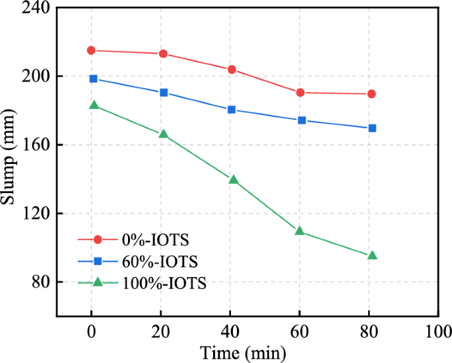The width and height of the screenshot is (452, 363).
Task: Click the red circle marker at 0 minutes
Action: (x=91, y=50)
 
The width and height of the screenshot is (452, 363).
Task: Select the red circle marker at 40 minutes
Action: (x=232, y=69)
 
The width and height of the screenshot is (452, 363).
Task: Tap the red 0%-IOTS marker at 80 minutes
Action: (x=371, y=94)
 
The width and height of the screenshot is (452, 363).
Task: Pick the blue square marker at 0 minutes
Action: (x=93, y=79)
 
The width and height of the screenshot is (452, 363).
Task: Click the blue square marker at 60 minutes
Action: (x=302, y=120)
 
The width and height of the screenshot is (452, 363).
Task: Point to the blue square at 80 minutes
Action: (x=372, y=128)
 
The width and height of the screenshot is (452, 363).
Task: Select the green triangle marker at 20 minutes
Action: (x=163, y=134)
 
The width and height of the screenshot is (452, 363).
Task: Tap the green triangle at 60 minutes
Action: (x=300, y=231)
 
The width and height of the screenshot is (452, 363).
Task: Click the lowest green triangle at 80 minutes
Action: (x=372, y=255)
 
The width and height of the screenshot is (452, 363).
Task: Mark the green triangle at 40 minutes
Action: (x=233, y=179)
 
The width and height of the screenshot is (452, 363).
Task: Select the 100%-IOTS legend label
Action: (x=164, y=283)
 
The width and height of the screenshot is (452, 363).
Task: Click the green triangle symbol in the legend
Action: (x=97, y=282)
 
